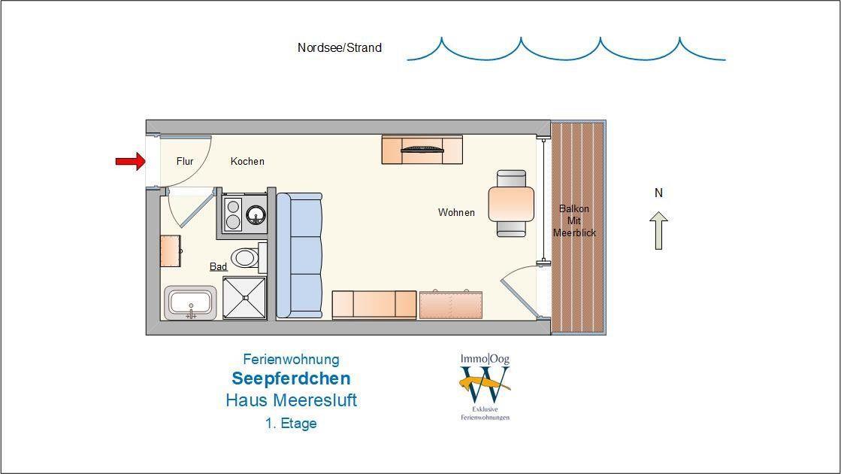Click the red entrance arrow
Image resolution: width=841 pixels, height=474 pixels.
click(130, 161)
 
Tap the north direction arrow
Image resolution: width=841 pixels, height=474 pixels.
click(658, 230)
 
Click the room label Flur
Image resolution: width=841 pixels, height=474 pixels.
click(185, 161)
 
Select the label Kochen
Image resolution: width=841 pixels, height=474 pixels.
click(247, 161)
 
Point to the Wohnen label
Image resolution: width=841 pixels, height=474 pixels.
click(456, 213)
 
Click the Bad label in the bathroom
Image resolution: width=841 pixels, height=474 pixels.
click(218, 267)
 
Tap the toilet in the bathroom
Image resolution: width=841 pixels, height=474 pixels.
click(248, 257)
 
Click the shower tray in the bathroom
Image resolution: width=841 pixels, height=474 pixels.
click(244, 298)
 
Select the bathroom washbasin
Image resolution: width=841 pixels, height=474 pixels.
click(190, 302)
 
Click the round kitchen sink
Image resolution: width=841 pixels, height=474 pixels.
click(256, 214)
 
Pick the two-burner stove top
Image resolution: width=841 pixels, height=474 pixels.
click(233, 214)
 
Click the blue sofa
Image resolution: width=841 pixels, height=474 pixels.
click(299, 256)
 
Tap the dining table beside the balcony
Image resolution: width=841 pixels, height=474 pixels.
click(511, 204)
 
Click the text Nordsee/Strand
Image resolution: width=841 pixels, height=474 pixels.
click(340, 47)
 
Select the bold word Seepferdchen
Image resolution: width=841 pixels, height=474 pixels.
click(292, 378)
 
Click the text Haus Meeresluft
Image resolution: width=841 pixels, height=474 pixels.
click(292, 400)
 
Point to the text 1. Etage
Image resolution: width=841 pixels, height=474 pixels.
click(291, 424)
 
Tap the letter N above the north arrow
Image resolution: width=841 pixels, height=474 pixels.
click(658, 193)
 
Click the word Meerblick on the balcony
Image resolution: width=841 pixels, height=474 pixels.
click(574, 233)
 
